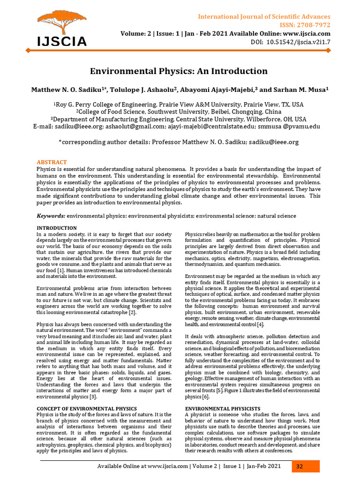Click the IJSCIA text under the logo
[62, 42]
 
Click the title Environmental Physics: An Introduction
[179, 71]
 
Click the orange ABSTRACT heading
[52, 162]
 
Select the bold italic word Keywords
[51, 216]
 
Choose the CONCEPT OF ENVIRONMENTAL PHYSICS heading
[87, 409]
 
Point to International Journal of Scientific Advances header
[264, 17]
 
